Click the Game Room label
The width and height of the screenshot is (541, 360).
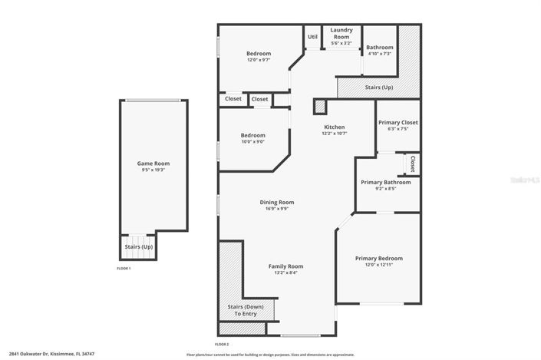153,163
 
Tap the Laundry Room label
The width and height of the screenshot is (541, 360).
341,33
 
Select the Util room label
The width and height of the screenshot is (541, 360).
312,36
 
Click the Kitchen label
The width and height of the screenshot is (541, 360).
334,127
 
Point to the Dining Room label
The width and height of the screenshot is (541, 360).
277,203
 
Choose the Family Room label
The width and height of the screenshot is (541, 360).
285,266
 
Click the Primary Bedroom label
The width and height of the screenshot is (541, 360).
378,259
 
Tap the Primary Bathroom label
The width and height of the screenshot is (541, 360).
386,182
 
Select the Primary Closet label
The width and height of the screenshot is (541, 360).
398,122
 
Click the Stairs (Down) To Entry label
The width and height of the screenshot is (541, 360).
246,310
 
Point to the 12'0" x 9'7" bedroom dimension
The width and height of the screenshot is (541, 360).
258,60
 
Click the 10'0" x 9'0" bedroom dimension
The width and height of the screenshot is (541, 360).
253,141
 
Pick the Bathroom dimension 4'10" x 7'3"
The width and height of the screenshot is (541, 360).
379,54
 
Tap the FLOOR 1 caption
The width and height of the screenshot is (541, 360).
124,269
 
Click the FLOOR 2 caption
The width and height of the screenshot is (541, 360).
223,344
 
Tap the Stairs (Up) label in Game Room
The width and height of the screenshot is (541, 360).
139,247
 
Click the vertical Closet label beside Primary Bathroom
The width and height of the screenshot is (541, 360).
413,163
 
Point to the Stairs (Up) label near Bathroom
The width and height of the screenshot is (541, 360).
379,88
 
